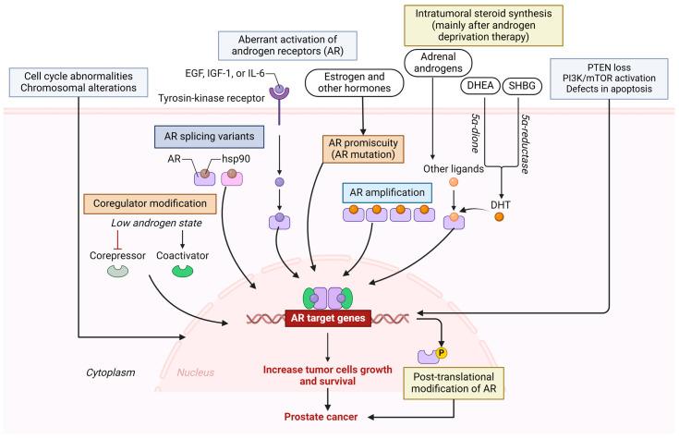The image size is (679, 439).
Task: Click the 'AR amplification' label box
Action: click(388, 192)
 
